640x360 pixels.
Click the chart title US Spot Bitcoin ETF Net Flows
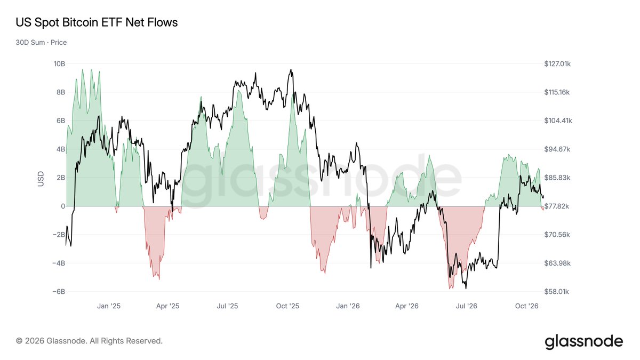pyautogui.click(x=97, y=22)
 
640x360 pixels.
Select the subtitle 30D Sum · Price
pyautogui.click(x=41, y=42)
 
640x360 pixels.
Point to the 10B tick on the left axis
pyautogui.click(x=59, y=63)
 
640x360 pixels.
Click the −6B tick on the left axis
pyautogui.click(x=59, y=291)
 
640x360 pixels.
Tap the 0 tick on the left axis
pyautogui.click(x=63, y=206)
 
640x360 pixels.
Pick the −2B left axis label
pyautogui.click(x=59, y=235)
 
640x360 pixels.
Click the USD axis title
pyautogui.click(x=41, y=179)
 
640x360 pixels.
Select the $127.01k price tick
pyautogui.click(x=557, y=63)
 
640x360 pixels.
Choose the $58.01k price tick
pyautogui.click(x=557, y=291)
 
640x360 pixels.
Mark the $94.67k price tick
pyautogui.click(x=557, y=149)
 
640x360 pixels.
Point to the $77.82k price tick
pyautogui.click(x=557, y=206)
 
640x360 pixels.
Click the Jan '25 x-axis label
pyautogui.click(x=109, y=306)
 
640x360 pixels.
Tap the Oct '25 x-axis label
pyautogui.click(x=287, y=306)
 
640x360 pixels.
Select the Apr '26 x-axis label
pyautogui.click(x=407, y=306)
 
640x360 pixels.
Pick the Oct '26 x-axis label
pyautogui.click(x=526, y=306)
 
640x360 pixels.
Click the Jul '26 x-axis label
pyautogui.click(x=467, y=306)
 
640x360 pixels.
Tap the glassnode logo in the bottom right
pyautogui.click(x=584, y=342)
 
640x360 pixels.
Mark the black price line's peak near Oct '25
pyautogui.click(x=291, y=69)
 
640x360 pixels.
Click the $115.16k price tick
pyautogui.click(x=557, y=92)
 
